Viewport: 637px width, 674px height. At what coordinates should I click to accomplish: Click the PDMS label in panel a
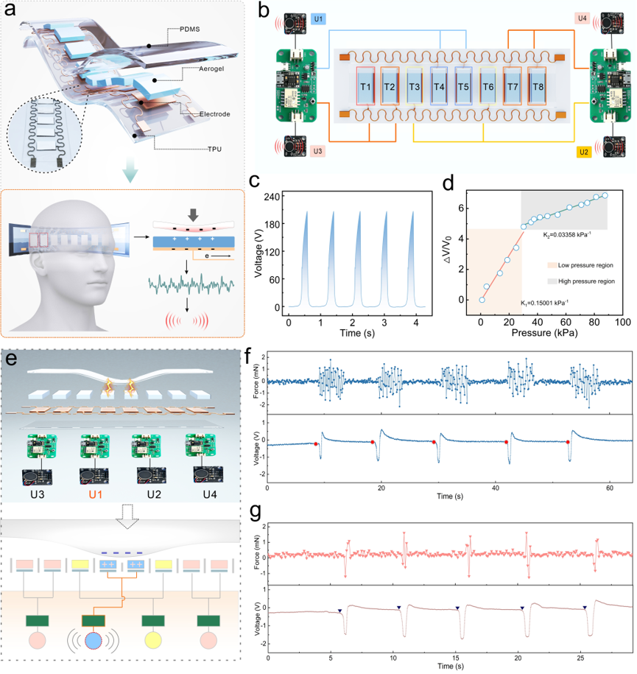[189, 29]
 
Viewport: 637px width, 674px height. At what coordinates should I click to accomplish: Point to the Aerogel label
[211, 69]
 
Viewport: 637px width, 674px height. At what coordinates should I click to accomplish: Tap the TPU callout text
[214, 149]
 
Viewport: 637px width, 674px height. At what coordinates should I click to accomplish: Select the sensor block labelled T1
[365, 86]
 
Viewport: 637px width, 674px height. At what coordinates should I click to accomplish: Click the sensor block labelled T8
[538, 86]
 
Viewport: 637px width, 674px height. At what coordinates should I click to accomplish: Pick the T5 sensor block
[463, 86]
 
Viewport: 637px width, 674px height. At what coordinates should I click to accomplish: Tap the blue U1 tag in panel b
[318, 19]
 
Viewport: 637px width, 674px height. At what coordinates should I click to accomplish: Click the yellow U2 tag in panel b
[584, 152]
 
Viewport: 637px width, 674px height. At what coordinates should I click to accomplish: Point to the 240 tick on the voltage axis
[272, 197]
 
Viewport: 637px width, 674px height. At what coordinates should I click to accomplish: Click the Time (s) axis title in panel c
[356, 333]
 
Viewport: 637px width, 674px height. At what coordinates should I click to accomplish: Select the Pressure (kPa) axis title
[544, 333]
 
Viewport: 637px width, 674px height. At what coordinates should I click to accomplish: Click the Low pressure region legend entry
[580, 265]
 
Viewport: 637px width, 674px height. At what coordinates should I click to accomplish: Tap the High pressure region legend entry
[581, 281]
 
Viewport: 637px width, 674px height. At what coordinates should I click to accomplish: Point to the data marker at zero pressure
[482, 300]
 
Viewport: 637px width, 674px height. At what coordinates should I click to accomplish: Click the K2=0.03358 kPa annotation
[567, 235]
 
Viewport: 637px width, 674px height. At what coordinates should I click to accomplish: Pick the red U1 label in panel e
[96, 494]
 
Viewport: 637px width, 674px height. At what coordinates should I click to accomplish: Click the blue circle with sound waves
[93, 640]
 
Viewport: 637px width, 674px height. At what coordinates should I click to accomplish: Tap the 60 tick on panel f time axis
[610, 488]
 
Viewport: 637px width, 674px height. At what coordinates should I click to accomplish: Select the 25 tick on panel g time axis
[580, 658]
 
